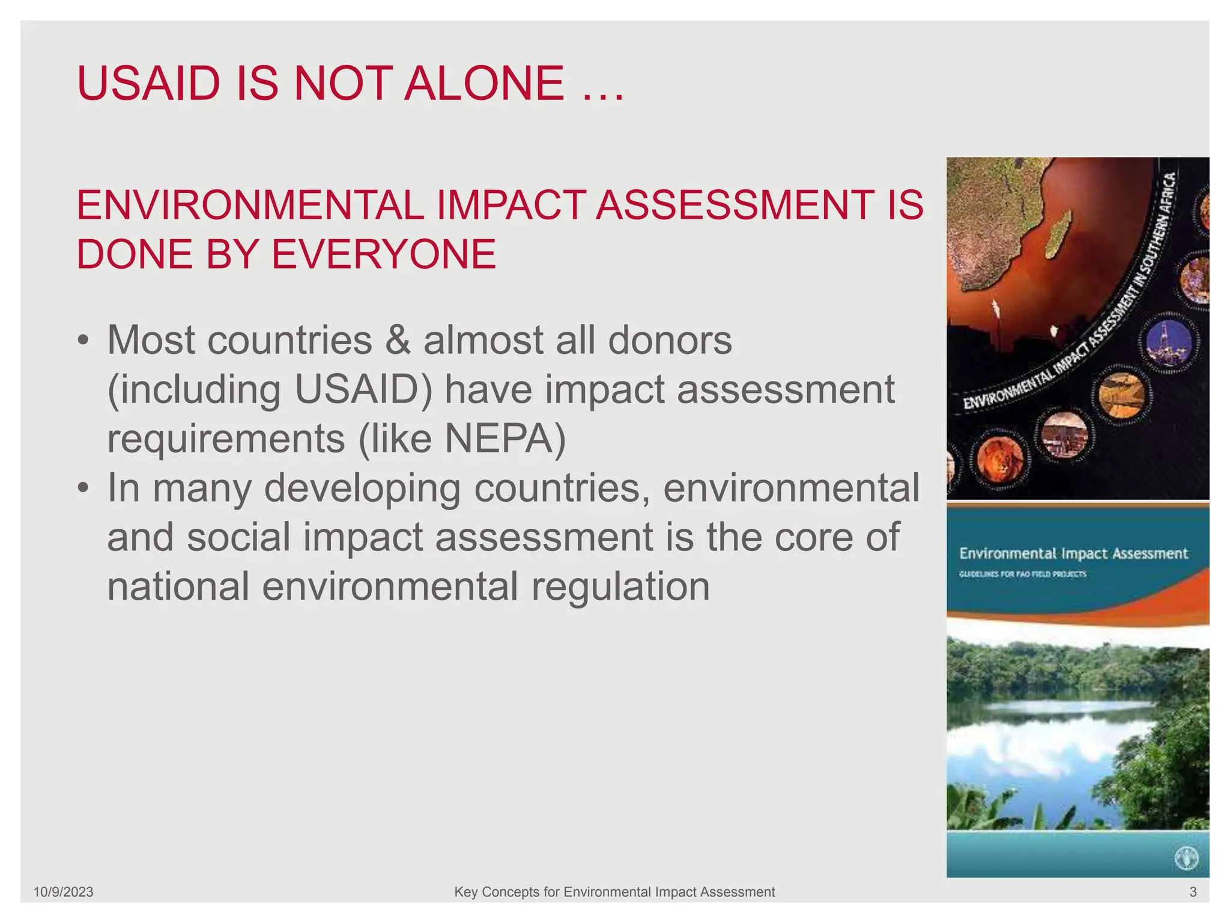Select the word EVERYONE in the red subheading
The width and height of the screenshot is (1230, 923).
(x=384, y=254)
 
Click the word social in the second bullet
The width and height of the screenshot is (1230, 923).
(x=238, y=537)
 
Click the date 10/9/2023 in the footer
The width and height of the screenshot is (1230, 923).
(x=63, y=892)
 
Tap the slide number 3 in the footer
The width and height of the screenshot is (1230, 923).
(x=1193, y=892)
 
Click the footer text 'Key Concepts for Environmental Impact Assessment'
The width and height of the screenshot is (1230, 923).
(x=614, y=892)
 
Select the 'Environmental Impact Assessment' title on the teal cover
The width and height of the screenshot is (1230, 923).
(x=1073, y=553)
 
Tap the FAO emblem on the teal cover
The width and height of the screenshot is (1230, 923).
(x=1186, y=858)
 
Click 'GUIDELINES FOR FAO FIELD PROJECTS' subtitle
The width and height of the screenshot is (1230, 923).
(x=1022, y=574)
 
